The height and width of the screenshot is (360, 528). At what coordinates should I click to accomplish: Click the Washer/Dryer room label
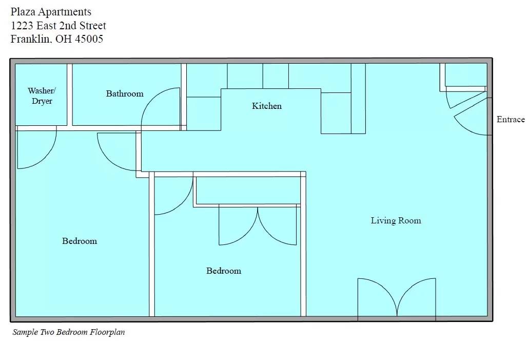[42, 96]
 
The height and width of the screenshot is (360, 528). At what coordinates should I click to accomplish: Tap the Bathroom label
[125, 93]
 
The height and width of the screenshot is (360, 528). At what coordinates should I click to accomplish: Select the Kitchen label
[267, 106]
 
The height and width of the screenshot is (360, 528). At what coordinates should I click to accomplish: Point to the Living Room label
[396, 220]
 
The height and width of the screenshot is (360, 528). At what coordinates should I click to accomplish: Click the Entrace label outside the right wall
[510, 119]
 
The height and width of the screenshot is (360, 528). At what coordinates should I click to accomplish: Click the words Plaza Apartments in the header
[51, 12]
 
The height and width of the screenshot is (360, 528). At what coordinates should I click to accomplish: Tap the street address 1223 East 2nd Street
[58, 26]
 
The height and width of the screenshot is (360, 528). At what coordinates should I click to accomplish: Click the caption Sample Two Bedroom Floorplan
[68, 332]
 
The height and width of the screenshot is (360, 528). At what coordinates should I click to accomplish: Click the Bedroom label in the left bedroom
[80, 241]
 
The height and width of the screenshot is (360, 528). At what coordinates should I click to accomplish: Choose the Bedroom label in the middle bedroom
[224, 271]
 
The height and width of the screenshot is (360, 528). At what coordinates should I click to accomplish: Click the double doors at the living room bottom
[397, 298]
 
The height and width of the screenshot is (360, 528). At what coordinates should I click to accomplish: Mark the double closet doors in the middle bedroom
[258, 226]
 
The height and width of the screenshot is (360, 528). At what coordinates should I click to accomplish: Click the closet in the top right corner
[465, 75]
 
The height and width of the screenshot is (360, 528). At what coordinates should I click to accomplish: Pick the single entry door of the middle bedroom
[172, 195]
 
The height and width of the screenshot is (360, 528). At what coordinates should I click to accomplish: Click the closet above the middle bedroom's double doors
[246, 191]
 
